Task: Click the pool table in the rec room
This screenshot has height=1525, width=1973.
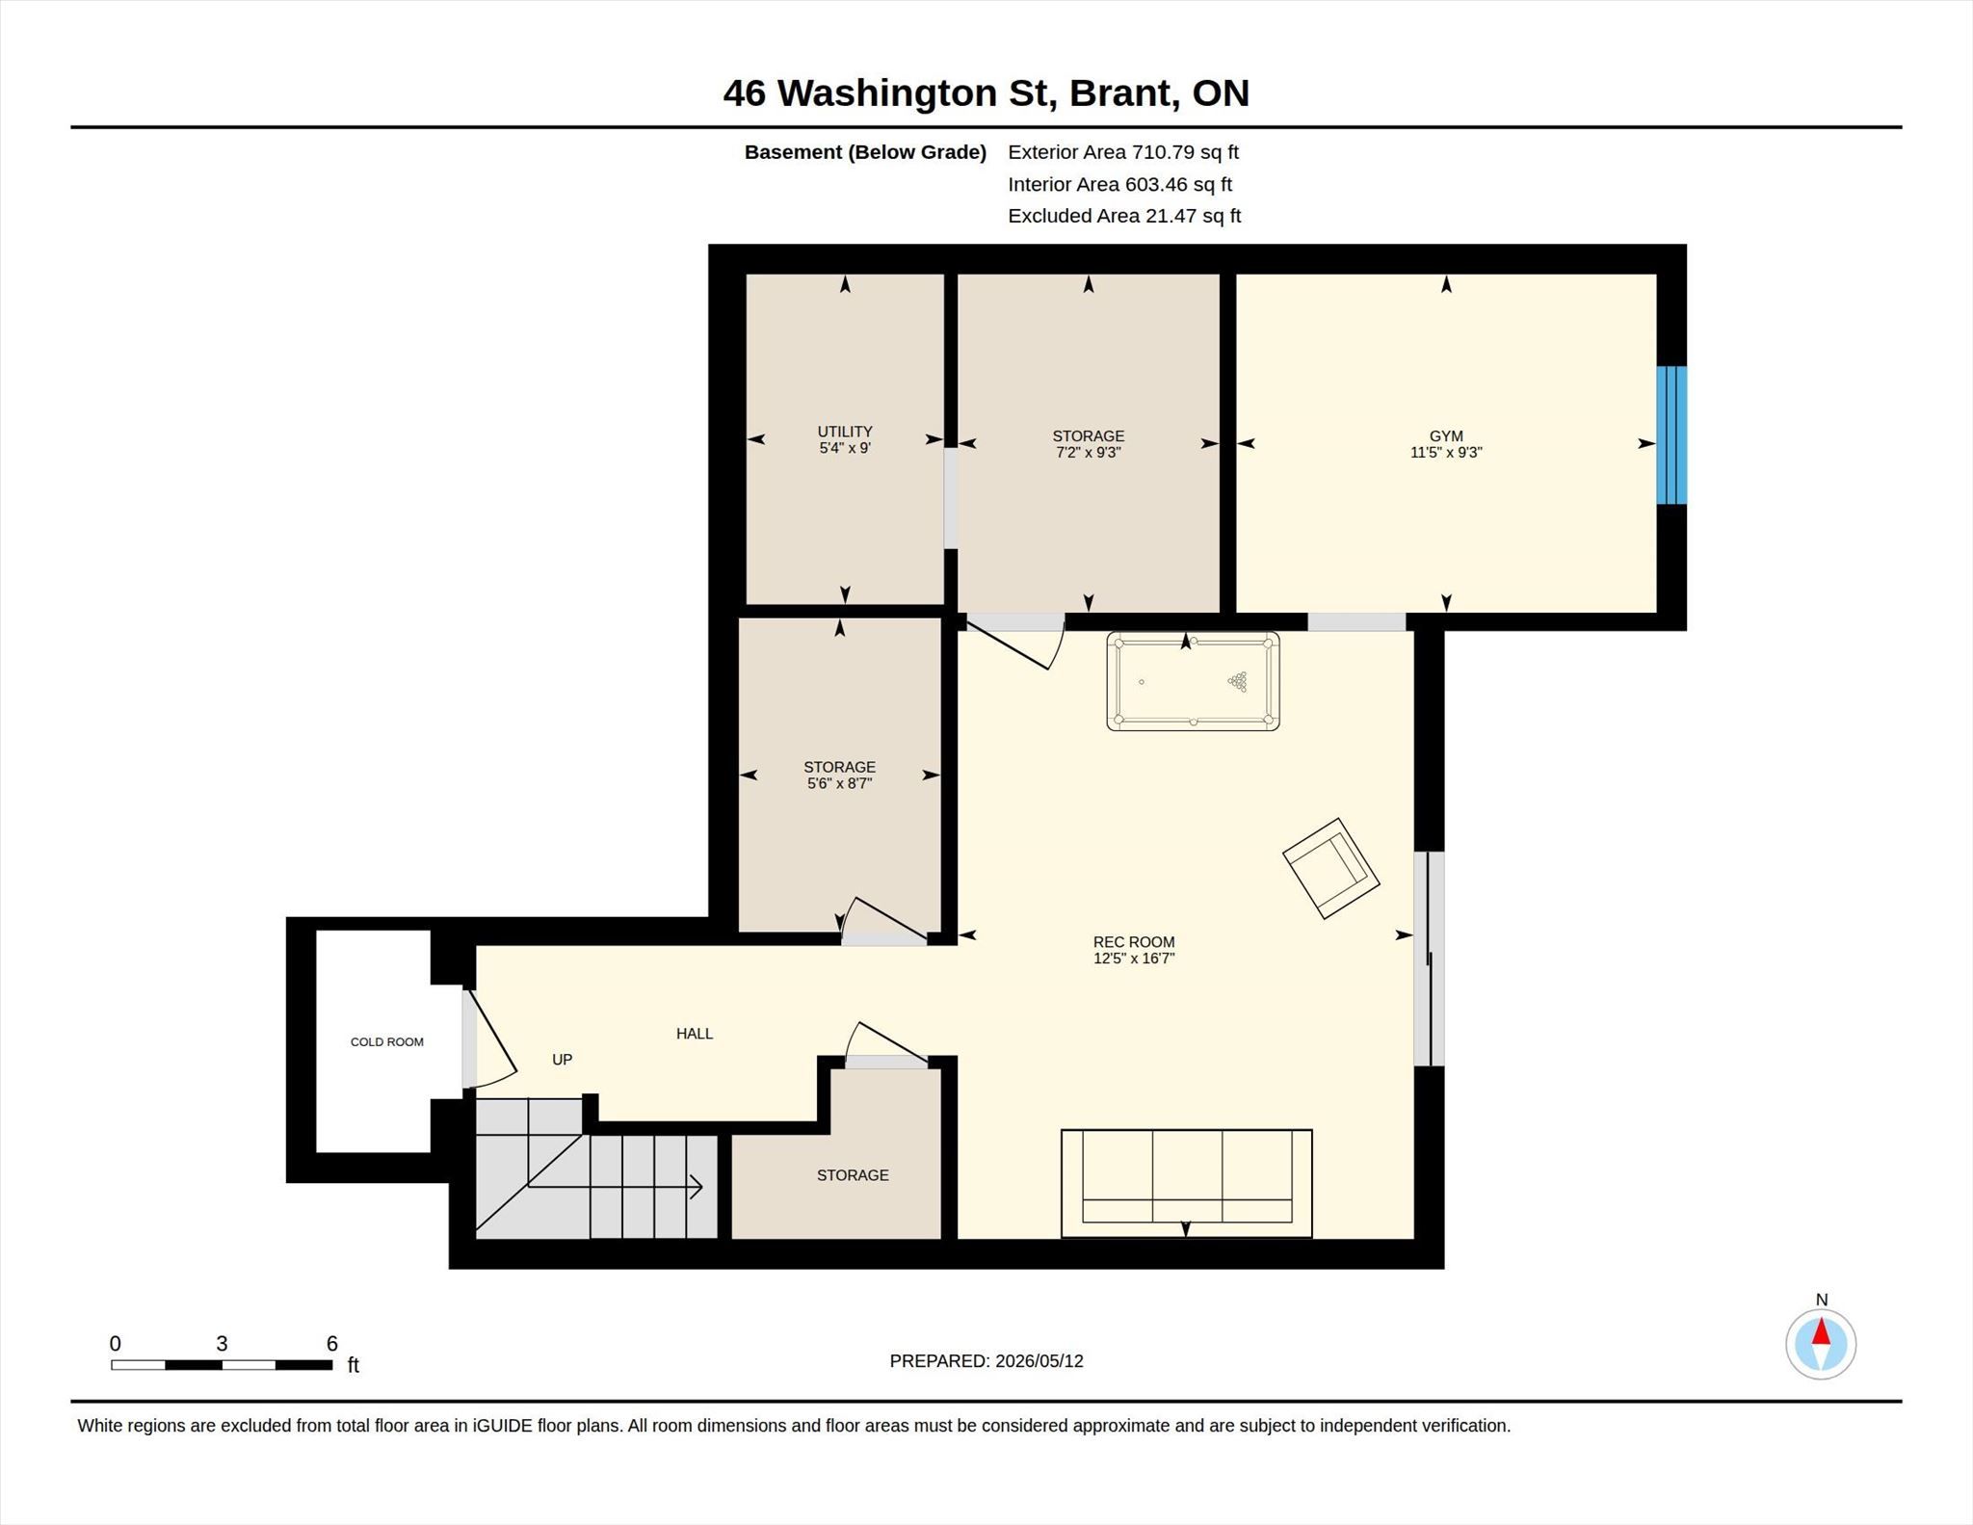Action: click(x=1193, y=680)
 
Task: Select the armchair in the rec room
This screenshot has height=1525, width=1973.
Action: click(x=1330, y=868)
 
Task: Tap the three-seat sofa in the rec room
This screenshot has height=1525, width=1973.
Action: click(x=1186, y=1183)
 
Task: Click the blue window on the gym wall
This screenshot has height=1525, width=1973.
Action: click(x=1671, y=434)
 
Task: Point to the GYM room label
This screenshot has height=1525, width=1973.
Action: click(x=1446, y=436)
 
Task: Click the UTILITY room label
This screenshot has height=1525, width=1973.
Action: click(x=845, y=432)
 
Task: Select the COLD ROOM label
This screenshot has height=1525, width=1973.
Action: click(x=387, y=1041)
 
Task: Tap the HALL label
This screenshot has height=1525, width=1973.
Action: click(x=695, y=1034)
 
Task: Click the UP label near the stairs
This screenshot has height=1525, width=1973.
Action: click(x=563, y=1060)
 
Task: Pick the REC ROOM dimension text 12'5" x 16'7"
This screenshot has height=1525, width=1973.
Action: click(x=1134, y=959)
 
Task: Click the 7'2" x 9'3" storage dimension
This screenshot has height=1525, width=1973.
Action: click(x=1089, y=453)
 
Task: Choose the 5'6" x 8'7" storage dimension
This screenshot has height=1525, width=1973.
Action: click(x=840, y=784)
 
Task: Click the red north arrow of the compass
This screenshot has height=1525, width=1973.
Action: click(x=1821, y=1331)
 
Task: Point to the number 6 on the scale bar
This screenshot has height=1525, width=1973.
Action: click(x=332, y=1344)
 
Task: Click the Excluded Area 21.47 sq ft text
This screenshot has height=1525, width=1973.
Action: click(x=1124, y=216)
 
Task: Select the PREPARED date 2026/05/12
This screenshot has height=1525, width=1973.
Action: click(x=1039, y=1361)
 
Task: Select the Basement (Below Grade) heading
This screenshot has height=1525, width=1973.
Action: click(x=865, y=152)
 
